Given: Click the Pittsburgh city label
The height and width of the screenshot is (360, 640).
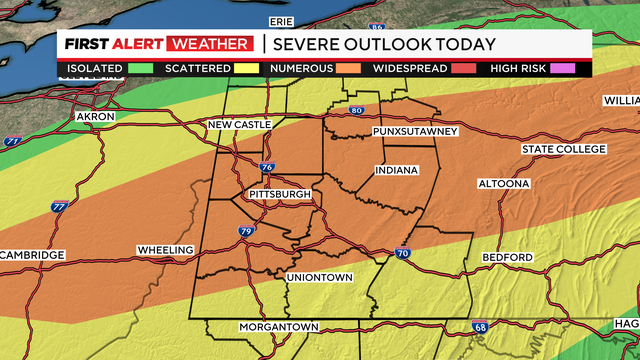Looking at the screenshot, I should click(x=280, y=194).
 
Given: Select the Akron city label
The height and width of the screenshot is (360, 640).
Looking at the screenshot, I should click(x=95, y=117).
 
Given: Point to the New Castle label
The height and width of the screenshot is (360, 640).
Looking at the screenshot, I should click(x=239, y=125).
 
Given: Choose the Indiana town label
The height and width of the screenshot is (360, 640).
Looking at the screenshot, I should click(x=396, y=171).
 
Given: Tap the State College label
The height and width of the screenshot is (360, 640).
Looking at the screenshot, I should click(x=563, y=149).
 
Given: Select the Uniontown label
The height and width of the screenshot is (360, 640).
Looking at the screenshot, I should click(x=318, y=276).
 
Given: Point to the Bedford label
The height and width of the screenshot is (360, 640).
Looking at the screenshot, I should click(x=508, y=257).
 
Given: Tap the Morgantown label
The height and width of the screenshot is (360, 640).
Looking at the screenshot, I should click(x=278, y=327).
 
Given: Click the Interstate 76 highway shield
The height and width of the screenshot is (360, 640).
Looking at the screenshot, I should click(x=266, y=168).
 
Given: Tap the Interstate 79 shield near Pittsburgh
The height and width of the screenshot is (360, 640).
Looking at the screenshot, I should click(x=246, y=232).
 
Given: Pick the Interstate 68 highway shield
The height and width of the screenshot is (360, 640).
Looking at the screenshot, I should click(x=481, y=326).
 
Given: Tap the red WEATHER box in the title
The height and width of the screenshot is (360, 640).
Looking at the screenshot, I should click(x=211, y=43).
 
